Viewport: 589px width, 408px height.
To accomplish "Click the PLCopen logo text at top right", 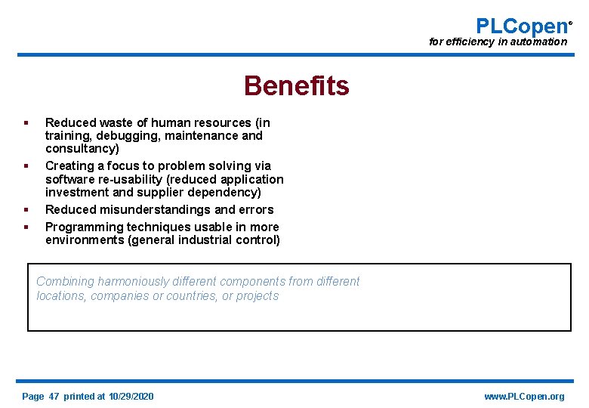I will [x=521, y=26].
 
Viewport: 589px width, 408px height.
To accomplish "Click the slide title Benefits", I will [x=296, y=86].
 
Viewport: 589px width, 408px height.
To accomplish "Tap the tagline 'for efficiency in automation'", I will [x=498, y=42].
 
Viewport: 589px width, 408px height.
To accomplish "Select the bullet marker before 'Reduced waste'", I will [x=26, y=122].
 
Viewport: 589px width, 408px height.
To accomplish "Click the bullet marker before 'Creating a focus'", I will [x=26, y=165].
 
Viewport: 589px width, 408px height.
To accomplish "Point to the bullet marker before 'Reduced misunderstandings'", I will [x=26, y=209].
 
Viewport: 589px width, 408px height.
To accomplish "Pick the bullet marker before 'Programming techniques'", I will [x=26, y=227].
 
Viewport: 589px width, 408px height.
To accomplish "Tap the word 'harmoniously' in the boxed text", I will [x=132, y=282].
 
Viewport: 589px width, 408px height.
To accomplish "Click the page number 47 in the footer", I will [x=54, y=397].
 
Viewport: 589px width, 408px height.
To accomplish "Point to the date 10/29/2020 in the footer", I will [x=131, y=397].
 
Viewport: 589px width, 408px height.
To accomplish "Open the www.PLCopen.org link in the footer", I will [x=524, y=397].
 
